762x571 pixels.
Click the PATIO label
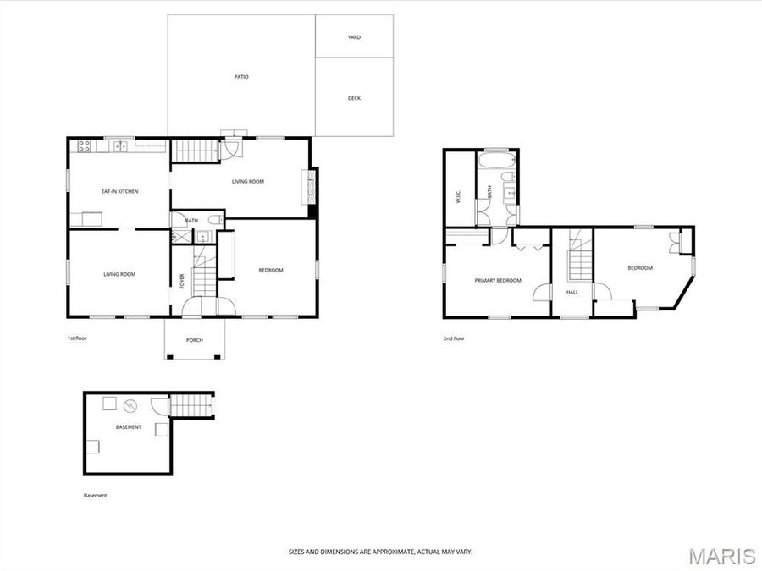click(x=241, y=77)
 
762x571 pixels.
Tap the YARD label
click(x=354, y=37)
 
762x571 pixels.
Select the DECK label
click(x=354, y=98)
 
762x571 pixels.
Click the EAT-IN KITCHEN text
click(x=119, y=191)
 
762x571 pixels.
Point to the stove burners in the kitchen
click(x=85, y=145)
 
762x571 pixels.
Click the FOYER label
click(x=182, y=281)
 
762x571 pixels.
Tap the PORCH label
click(x=195, y=340)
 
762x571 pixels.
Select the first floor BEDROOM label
click(x=270, y=270)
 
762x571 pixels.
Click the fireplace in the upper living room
click(x=310, y=187)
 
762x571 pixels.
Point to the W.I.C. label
click(x=457, y=198)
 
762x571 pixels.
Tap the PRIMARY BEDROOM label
click(x=497, y=280)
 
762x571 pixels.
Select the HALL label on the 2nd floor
click(x=572, y=292)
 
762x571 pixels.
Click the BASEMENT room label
click(x=129, y=427)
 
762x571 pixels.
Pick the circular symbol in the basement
click(x=131, y=404)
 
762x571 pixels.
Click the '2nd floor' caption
click(x=454, y=338)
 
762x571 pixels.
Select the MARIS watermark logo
click(x=721, y=556)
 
